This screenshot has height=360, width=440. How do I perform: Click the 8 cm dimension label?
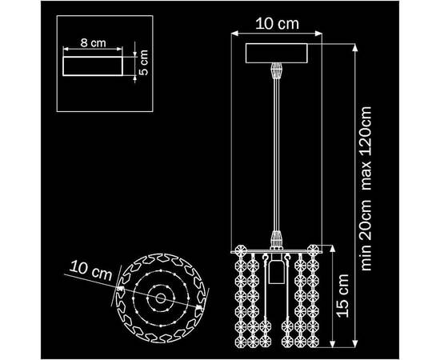[x=93, y=43]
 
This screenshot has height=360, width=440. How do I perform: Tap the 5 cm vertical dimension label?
[x=143, y=62]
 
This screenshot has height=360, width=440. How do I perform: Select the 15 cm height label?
[x=342, y=296]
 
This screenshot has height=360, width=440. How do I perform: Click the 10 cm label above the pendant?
[x=278, y=23]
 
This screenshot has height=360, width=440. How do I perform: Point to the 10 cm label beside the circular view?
[x=90, y=271]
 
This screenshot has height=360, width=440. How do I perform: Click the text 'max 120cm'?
[x=366, y=149]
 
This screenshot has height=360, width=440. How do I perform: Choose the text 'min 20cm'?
[x=366, y=235]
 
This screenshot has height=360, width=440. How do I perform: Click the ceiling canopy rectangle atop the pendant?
[x=277, y=53]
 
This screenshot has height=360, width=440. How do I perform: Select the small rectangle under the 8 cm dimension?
[x=93, y=66]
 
